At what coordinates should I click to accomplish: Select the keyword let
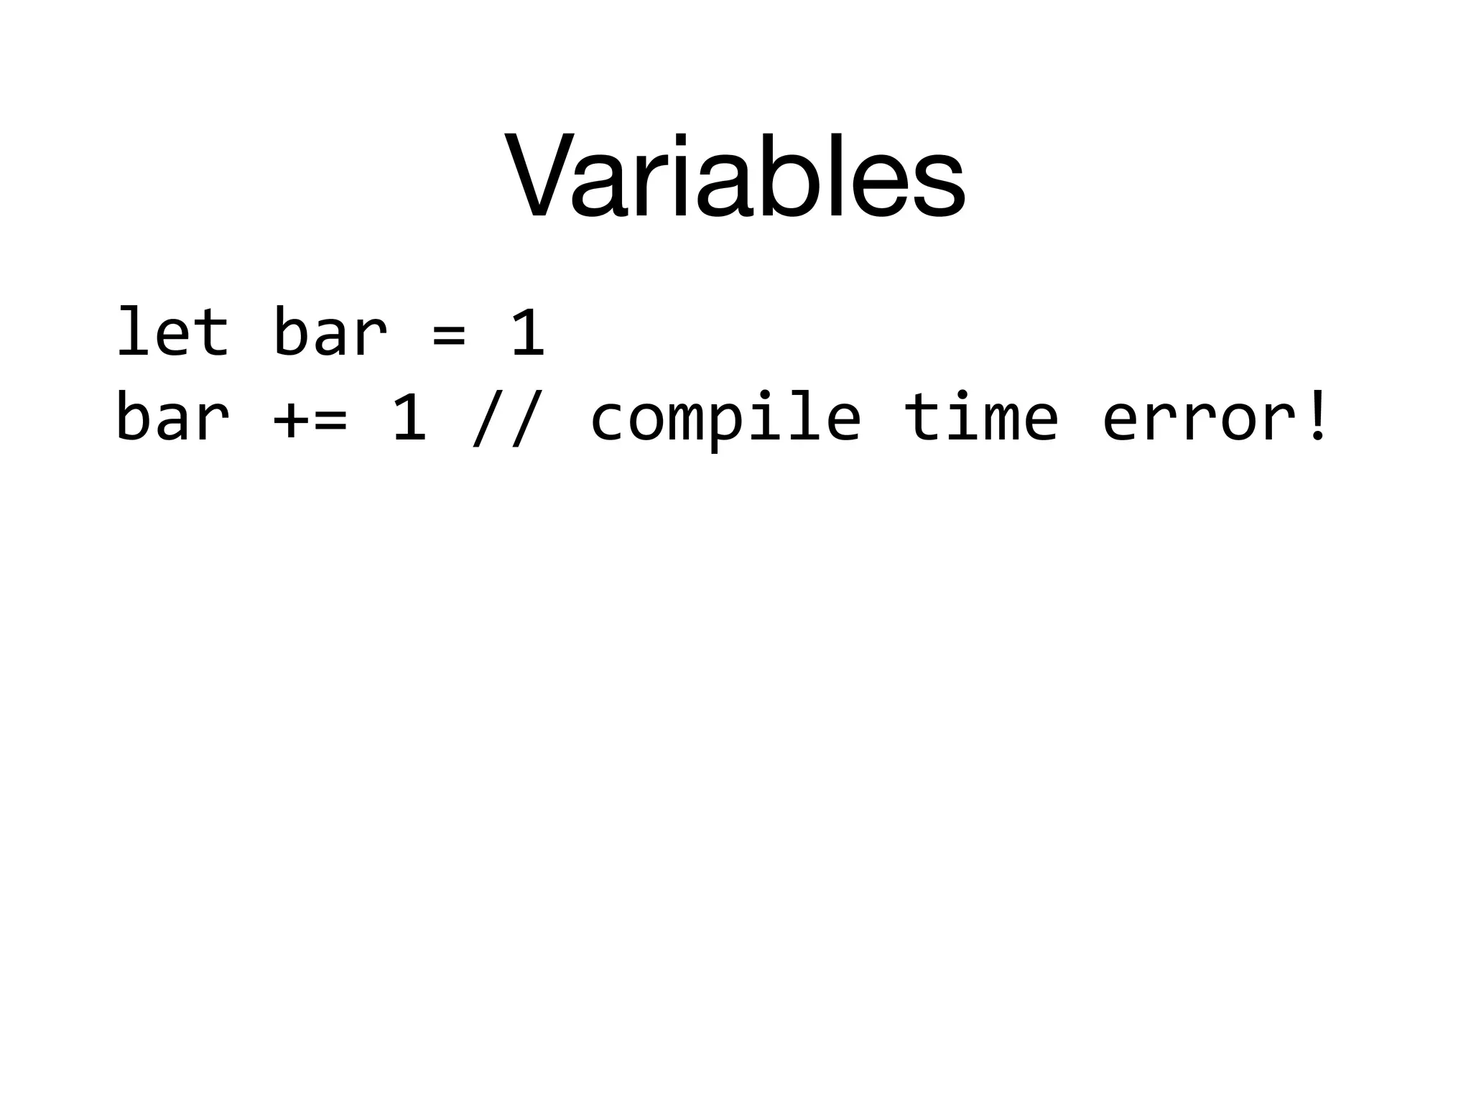click(x=172, y=332)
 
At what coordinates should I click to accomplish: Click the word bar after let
click(x=330, y=332)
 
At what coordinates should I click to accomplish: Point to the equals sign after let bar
click(x=449, y=334)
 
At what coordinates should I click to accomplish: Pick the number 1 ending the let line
click(x=529, y=332)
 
